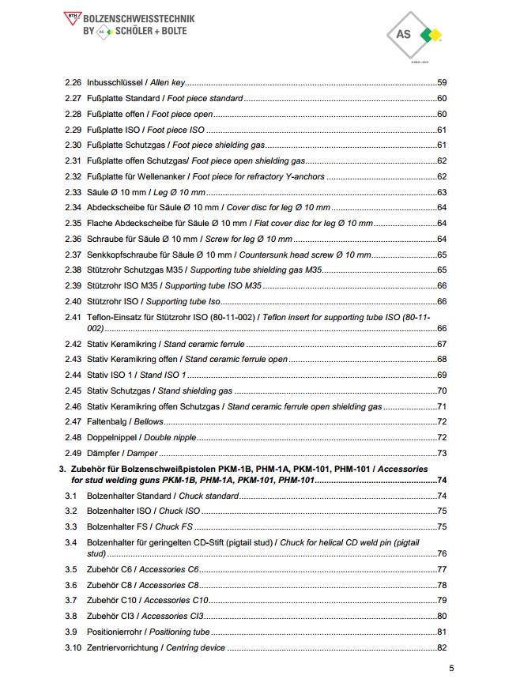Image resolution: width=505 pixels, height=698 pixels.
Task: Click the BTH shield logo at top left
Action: pos(73,17)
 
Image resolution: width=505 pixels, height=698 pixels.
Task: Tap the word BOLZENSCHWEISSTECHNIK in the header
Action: pos(139,17)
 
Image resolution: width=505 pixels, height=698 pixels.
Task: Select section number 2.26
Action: pos(73,83)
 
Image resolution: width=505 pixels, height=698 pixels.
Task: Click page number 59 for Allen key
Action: pos(442,83)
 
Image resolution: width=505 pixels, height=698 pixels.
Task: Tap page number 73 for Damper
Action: pos(442,454)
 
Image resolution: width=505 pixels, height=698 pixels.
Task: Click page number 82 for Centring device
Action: pos(442,648)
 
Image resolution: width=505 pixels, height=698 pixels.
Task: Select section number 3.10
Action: pos(73,648)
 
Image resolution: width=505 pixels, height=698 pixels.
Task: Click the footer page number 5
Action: pos(451,669)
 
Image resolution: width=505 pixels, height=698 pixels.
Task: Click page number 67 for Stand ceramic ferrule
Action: pos(442,345)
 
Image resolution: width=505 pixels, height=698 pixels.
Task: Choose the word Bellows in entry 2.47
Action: pos(149,422)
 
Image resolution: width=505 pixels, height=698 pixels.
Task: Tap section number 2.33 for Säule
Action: pos(73,193)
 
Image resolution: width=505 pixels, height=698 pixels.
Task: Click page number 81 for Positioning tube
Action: pos(442,632)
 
